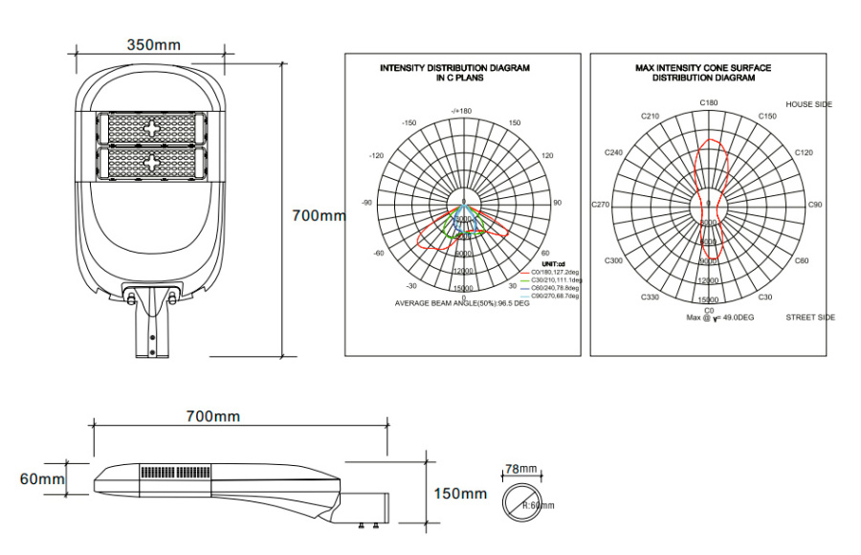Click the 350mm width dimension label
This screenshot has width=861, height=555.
click(153, 45)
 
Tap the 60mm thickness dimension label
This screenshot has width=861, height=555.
click(42, 477)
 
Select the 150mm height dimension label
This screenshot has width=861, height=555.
click(460, 493)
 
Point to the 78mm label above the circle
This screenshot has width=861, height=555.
click(521, 469)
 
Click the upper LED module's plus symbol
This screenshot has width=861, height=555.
click(152, 128)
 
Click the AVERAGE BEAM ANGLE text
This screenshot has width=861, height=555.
click(462, 302)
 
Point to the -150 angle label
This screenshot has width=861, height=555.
click(409, 123)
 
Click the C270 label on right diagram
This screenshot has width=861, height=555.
click(601, 205)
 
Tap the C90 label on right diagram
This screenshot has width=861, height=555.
click(815, 205)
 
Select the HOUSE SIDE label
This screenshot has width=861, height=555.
click(808, 103)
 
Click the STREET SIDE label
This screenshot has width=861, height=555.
click(809, 317)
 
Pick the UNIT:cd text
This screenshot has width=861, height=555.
click(555, 263)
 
